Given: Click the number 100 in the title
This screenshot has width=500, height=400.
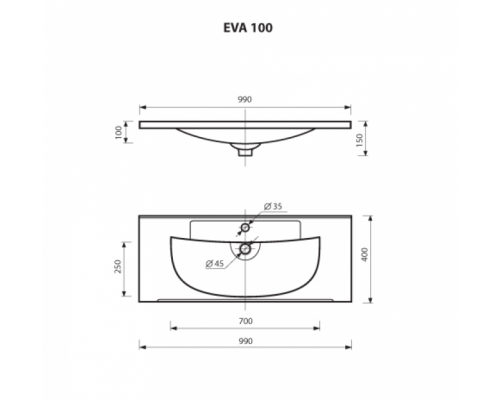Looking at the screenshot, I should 262,28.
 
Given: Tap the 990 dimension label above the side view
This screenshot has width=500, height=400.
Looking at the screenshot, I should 244,100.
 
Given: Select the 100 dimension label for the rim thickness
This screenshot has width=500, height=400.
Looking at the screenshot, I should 119,131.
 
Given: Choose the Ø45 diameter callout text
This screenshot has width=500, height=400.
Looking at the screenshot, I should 213,264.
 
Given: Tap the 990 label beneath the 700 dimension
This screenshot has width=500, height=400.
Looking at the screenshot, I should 244,340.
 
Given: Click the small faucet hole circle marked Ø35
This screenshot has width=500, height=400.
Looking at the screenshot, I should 244,227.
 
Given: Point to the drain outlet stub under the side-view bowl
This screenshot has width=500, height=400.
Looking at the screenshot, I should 244,152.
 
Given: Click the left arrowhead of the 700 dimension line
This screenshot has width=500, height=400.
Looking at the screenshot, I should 172,326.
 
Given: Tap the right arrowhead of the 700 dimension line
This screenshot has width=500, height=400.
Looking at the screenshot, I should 316,326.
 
